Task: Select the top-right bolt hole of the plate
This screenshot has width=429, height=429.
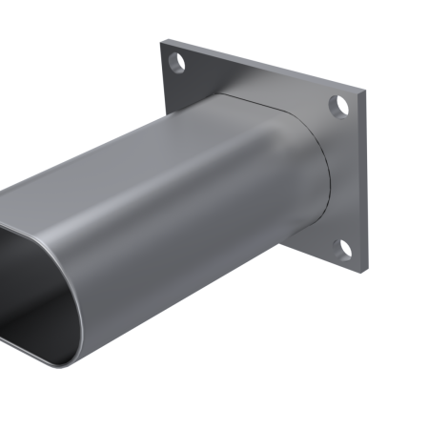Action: [337, 104]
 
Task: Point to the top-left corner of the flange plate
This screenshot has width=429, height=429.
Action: [163, 41]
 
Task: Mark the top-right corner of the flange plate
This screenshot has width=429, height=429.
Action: [363, 93]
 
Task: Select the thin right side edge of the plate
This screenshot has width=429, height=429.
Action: [365, 181]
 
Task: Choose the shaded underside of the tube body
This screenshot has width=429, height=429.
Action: [191, 286]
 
